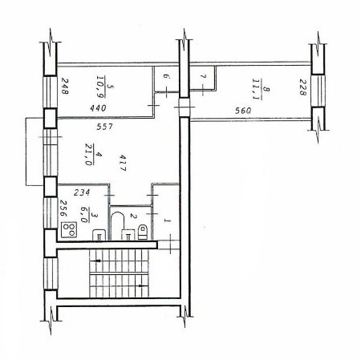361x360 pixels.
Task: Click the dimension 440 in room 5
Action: click(x=98, y=108)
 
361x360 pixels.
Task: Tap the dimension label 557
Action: click(x=105, y=127)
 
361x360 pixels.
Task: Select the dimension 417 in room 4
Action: click(x=123, y=163)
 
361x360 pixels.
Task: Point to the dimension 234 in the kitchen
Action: click(x=82, y=192)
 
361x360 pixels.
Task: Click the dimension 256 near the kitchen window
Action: click(x=63, y=208)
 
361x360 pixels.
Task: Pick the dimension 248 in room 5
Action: click(x=65, y=86)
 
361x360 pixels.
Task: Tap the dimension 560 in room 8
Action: click(x=243, y=111)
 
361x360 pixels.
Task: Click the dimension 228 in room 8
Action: click(x=302, y=87)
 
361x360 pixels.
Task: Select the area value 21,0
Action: click(x=88, y=155)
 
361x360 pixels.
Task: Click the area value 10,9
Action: click(x=101, y=87)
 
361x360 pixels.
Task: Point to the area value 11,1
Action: click(x=257, y=89)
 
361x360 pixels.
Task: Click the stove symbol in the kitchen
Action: click(x=69, y=230)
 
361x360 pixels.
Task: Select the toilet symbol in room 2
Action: click(x=143, y=232)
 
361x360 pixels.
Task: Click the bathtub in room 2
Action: click(x=118, y=226)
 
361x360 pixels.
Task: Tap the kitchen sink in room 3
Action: click(x=99, y=235)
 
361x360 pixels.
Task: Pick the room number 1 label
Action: click(x=168, y=220)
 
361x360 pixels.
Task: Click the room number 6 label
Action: click(x=166, y=77)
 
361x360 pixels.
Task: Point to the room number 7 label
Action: click(x=203, y=76)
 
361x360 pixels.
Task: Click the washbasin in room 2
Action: click(x=128, y=235)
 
